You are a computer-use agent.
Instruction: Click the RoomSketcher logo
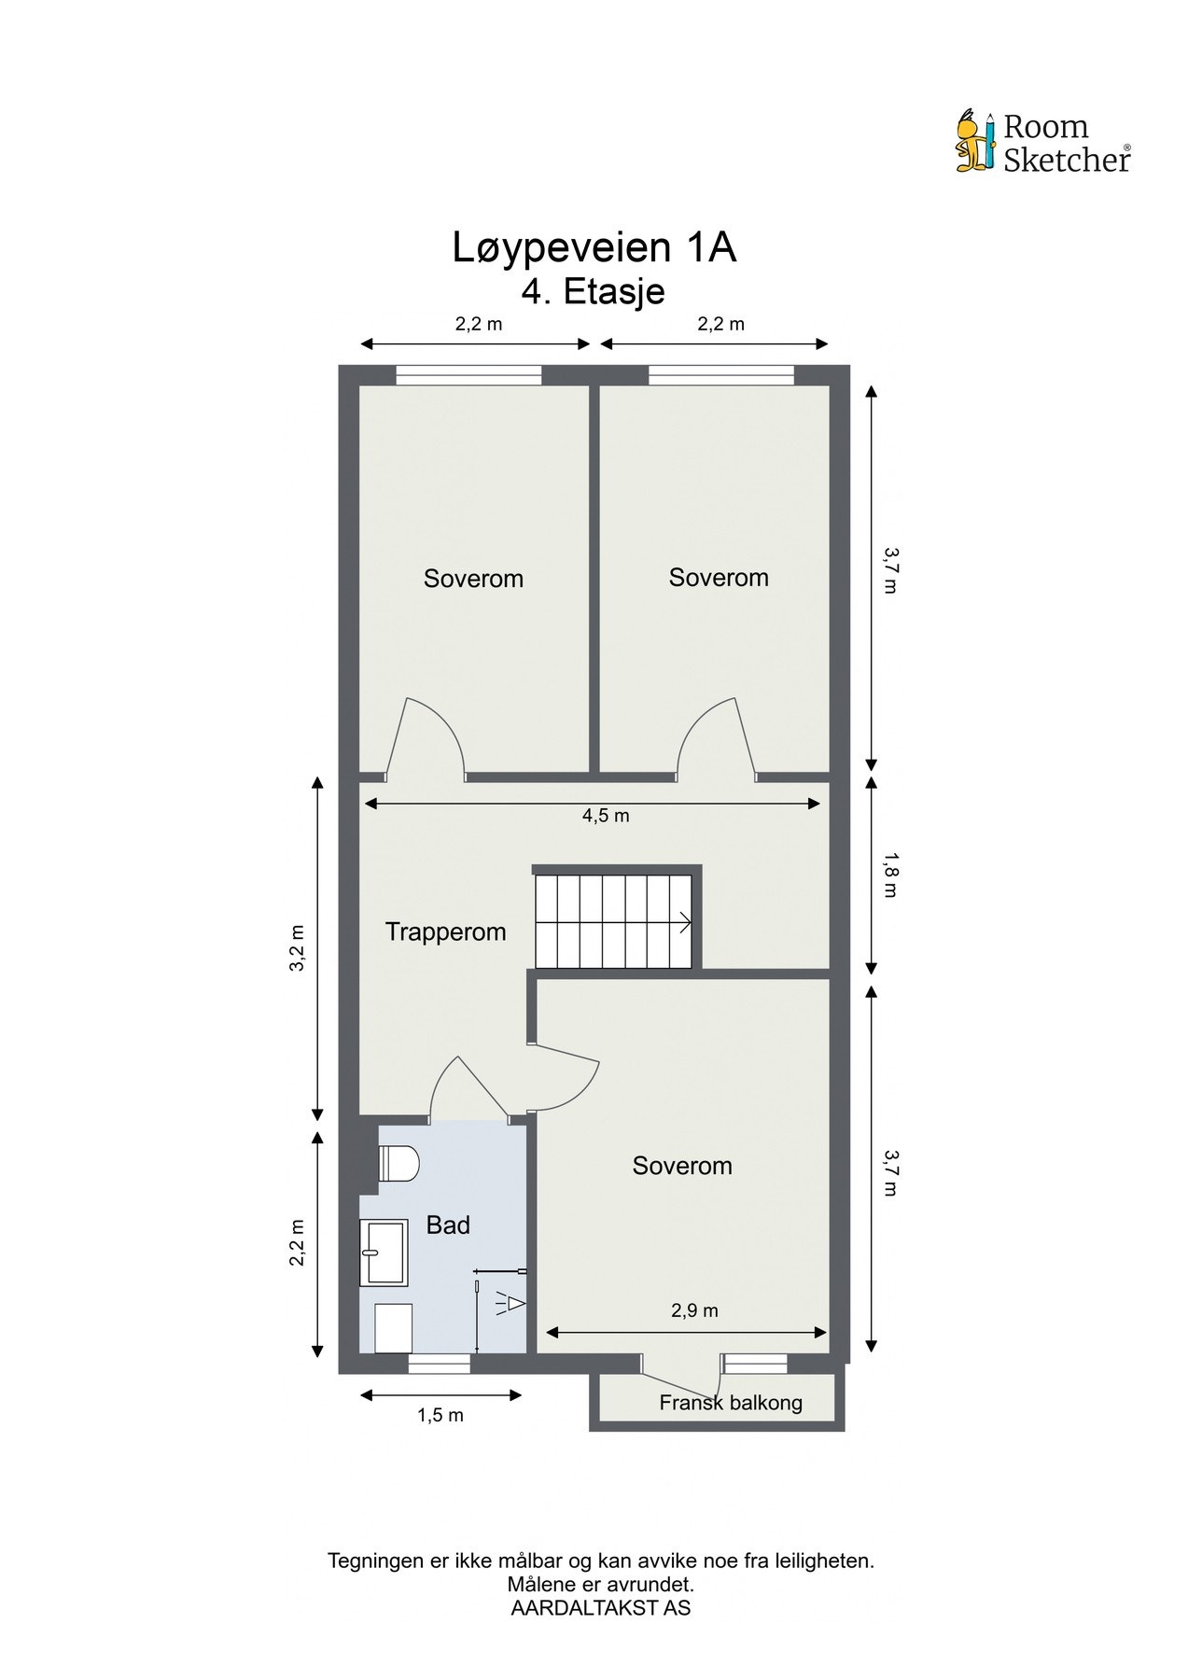1043,143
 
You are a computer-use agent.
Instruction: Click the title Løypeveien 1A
594,248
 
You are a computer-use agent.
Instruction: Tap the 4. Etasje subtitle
594,291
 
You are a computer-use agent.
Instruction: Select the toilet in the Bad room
399,1164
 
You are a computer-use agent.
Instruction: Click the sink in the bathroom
384,1252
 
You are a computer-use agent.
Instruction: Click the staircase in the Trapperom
613,921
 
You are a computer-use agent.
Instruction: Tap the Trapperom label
446,931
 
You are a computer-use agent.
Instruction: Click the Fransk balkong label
731,1402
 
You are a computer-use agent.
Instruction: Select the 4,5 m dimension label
606,816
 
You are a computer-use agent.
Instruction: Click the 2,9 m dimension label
694,1310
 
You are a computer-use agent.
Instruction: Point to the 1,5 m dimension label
440,1415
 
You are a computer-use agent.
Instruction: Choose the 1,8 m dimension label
889,875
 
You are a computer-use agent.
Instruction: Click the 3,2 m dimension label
298,947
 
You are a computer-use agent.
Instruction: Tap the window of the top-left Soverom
468,375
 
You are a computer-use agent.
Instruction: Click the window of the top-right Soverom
721,375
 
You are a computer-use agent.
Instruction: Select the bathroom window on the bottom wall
440,1365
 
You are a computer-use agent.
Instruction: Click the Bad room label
448,1225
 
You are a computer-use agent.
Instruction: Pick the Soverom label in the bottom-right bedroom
682,1166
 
